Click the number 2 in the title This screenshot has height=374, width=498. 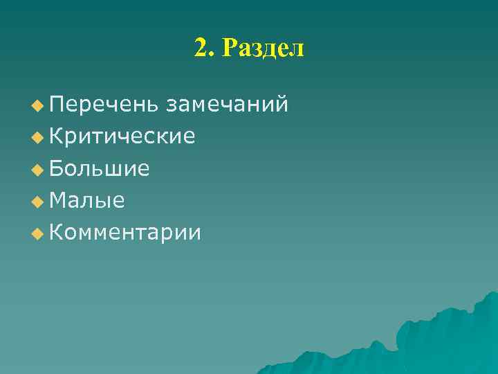(201, 48)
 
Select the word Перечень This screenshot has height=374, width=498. (103, 105)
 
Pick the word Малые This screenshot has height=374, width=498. (87, 201)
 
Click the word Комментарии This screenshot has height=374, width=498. (125, 233)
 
